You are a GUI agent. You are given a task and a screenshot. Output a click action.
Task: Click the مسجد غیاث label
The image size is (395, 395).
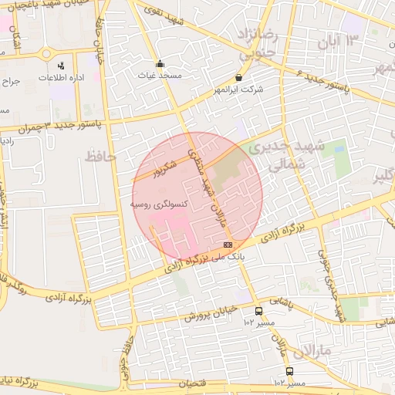(x=160, y=76)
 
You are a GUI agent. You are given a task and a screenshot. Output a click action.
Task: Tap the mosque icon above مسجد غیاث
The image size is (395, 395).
(x=160, y=64)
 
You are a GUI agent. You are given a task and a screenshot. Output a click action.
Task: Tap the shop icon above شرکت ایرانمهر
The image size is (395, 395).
(x=238, y=78)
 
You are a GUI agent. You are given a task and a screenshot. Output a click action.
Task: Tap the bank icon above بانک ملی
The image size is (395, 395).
(x=227, y=244)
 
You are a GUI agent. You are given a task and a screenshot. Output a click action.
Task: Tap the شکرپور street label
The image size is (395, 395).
(x=162, y=169)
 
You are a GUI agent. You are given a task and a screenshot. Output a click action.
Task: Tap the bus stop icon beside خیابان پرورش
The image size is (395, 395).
(x=258, y=312)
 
